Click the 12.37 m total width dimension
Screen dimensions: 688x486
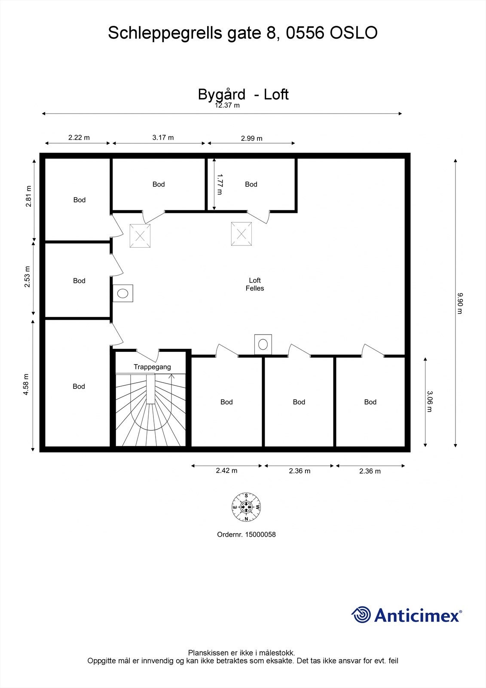tap(227, 105)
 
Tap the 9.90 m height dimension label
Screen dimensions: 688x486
tap(459, 303)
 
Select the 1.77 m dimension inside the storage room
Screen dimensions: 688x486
tap(220, 184)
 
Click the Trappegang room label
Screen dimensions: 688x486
tap(152, 367)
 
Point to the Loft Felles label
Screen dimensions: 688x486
tap(255, 284)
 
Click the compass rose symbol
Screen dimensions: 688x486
tap(246, 507)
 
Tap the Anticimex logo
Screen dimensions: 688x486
tap(407, 615)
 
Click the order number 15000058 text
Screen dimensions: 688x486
tap(246, 534)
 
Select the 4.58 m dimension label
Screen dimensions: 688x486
tap(26, 384)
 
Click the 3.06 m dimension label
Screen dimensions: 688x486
tap(429, 401)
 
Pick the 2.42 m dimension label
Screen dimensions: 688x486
tap(226, 470)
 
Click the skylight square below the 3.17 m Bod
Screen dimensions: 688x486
tap(140, 236)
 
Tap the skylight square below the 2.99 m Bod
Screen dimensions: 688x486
tap(241, 234)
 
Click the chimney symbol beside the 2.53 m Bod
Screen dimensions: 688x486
tap(123, 294)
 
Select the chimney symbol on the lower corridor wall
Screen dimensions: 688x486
tap(263, 344)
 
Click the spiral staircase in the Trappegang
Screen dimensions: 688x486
tap(150, 411)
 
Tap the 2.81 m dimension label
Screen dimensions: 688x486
tap(29, 196)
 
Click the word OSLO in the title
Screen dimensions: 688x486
tap(354, 33)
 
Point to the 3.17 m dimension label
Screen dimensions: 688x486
tap(163, 138)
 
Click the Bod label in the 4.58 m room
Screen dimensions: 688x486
tap(79, 387)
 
